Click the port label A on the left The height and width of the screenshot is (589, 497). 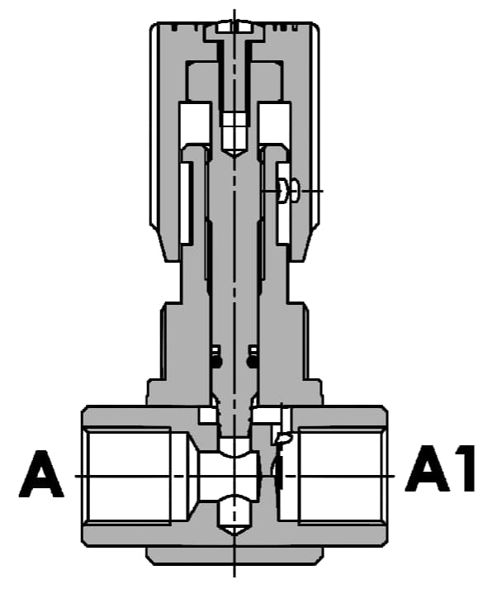[x=41, y=474]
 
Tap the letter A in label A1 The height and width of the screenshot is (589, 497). [x=427, y=468]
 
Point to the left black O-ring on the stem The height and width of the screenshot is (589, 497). [x=216, y=361]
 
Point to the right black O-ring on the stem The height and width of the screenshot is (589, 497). [x=252, y=361]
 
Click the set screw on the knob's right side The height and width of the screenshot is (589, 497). [x=288, y=191]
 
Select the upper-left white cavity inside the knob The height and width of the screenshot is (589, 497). [x=195, y=123]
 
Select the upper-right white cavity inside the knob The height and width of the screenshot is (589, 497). [x=274, y=123]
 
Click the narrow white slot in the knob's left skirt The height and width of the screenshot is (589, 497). [x=187, y=203]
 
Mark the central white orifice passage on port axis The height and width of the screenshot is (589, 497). [x=229, y=477]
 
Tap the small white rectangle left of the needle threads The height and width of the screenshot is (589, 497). [x=208, y=416]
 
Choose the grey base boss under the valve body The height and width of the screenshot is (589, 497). [x=234, y=555]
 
